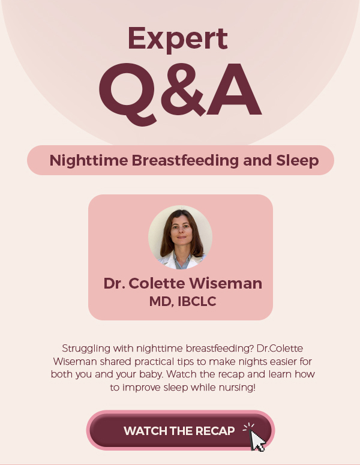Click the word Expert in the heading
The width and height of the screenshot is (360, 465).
tap(178, 40)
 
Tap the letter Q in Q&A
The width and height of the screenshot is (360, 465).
tap(128, 94)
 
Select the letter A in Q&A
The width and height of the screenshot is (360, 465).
tap(234, 89)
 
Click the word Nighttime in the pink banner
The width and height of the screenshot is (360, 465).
tap(89, 160)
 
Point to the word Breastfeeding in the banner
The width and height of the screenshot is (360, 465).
tap(185, 160)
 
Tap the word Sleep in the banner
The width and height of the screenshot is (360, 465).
tap(298, 161)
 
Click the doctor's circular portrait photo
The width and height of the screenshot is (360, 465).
tap(180, 237)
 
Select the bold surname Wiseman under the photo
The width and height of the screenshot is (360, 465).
tap(226, 283)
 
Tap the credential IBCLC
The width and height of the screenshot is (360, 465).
tap(197, 301)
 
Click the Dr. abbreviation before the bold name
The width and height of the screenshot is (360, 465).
tap(114, 283)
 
